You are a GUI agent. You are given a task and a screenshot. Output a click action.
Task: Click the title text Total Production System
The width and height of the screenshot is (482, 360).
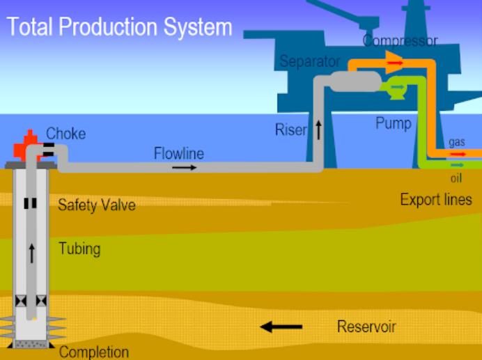119,28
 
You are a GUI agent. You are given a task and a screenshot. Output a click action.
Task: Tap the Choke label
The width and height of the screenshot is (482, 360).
65,134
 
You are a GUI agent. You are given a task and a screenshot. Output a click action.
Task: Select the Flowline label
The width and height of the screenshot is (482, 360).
178,153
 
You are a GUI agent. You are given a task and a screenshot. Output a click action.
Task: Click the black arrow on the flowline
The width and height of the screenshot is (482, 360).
184,168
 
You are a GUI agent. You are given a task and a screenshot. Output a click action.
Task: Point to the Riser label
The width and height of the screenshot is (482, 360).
290,130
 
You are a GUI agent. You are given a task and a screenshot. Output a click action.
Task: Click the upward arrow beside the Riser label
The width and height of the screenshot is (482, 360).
319,130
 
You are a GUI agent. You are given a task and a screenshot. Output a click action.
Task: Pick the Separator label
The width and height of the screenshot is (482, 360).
310,61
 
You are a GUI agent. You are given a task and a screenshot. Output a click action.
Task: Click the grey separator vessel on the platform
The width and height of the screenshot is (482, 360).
355,81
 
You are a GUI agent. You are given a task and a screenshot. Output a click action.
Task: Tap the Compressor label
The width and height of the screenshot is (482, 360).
401,40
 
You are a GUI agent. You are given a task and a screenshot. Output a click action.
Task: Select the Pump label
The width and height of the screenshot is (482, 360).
394,123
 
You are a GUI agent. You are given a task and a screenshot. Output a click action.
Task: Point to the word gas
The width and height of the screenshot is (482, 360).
457,142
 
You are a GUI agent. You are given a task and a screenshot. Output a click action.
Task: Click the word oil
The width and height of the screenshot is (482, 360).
456,178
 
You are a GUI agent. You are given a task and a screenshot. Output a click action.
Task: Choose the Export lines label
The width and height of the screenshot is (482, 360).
436,200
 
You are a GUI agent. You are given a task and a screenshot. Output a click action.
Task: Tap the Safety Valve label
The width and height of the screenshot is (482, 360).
97,205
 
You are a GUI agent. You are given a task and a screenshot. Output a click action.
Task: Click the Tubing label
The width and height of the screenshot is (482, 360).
79,249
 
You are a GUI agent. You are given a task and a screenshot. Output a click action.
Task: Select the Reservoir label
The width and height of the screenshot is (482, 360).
366,327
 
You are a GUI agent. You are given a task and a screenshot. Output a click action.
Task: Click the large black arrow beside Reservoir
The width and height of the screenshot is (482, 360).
281,327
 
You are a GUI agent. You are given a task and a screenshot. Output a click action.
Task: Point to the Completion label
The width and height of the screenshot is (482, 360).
94,352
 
